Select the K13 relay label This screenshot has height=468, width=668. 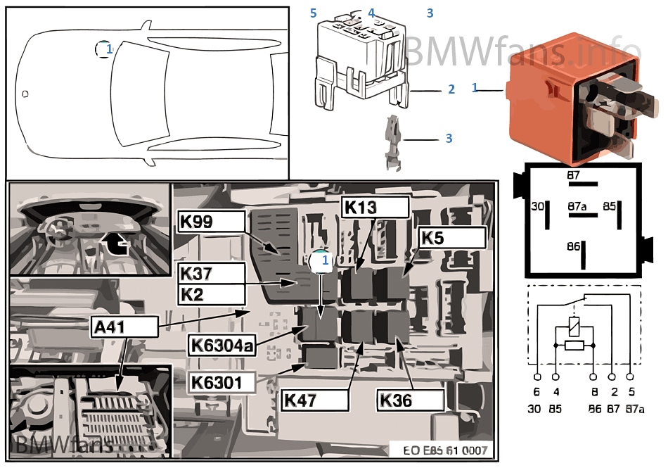[374, 207]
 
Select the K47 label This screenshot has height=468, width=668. [315, 400]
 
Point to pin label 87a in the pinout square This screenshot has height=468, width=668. [577, 206]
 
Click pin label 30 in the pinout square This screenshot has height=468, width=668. [537, 207]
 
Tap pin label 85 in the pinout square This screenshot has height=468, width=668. [609, 207]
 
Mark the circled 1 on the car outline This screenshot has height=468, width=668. [104, 49]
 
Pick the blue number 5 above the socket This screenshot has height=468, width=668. [314, 13]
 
